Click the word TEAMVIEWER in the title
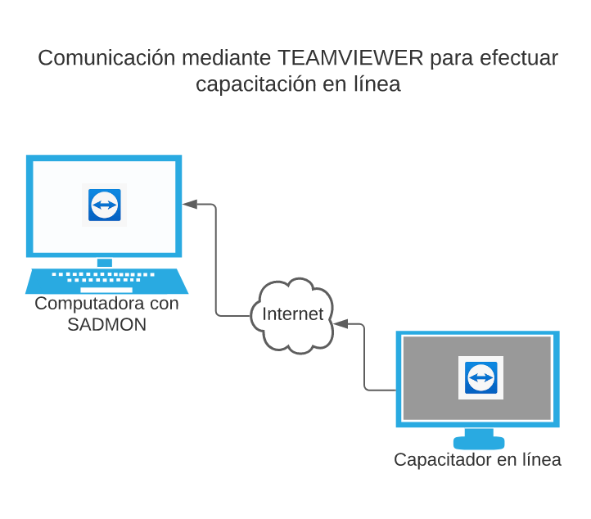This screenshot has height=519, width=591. coord(350,59)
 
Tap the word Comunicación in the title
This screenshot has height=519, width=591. coord(106,59)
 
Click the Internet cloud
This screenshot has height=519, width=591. coord(292,315)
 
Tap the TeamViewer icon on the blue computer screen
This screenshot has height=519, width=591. coord(105,205)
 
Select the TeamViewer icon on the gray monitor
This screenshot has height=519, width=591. coord(480,377)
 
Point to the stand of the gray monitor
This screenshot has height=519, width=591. coord(479,438)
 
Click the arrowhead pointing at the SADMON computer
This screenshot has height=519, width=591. coord(190,204)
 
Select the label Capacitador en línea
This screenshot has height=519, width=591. coord(477,460)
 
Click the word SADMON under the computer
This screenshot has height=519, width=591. coord(106,325)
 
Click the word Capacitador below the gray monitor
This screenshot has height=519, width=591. coord(443,460)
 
